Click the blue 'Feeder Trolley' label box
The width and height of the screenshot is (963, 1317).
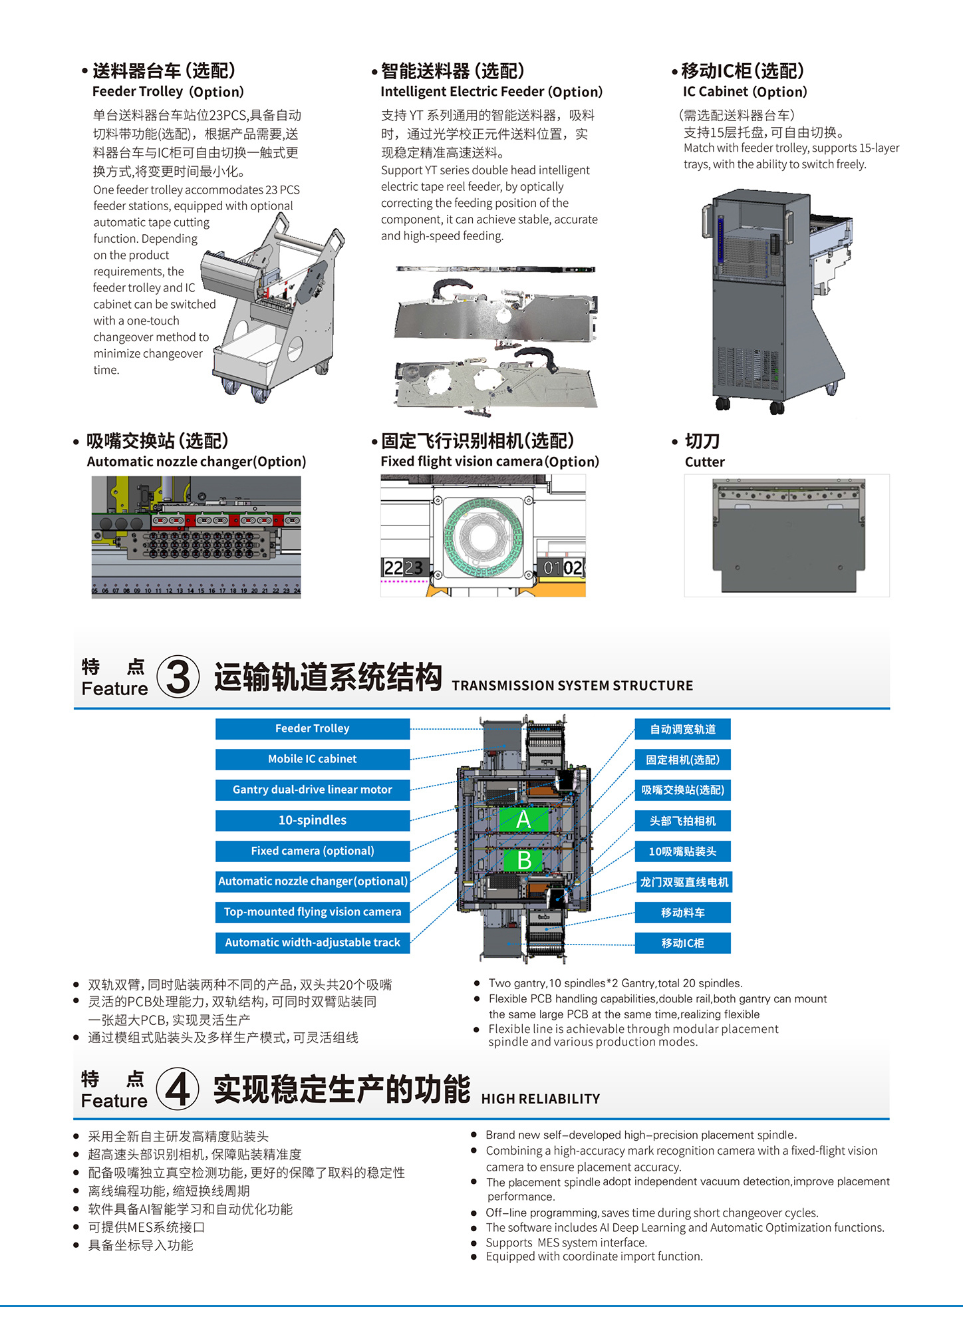[x=312, y=728]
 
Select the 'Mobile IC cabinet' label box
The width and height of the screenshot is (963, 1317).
[x=312, y=759]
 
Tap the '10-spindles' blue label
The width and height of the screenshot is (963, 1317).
[x=312, y=820]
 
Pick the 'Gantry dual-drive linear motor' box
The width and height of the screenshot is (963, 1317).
[x=312, y=790]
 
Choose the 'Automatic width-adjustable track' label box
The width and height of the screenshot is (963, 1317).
[x=312, y=943]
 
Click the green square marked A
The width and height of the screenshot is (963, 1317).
[x=523, y=819]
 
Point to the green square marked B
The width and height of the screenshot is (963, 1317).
[x=523, y=860]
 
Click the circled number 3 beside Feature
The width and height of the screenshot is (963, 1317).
[x=178, y=677]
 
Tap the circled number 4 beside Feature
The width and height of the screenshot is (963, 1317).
[x=178, y=1089]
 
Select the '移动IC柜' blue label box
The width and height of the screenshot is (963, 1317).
[x=682, y=943]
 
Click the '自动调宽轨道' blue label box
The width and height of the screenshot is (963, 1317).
[x=682, y=729]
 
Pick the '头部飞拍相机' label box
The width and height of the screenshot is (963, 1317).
[x=682, y=821]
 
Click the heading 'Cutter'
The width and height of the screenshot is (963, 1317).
[x=704, y=462]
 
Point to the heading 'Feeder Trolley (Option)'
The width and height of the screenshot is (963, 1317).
[x=168, y=92]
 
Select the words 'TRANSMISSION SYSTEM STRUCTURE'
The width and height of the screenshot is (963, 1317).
[x=572, y=686]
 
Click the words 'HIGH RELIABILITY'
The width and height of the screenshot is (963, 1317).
[x=540, y=1099]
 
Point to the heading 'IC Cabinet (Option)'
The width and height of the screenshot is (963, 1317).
[x=744, y=92]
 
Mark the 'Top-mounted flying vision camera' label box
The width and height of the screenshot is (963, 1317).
[x=312, y=912]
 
